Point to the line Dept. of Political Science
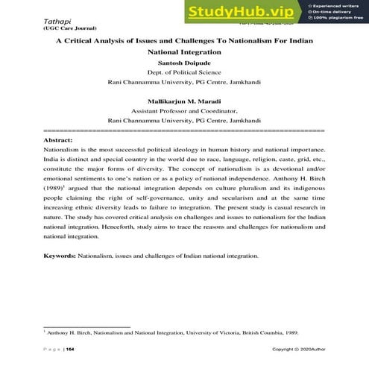pyautogui.click(x=184, y=73)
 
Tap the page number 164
pyautogui.click(x=70, y=349)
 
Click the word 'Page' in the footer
pyautogui.click(x=52, y=349)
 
